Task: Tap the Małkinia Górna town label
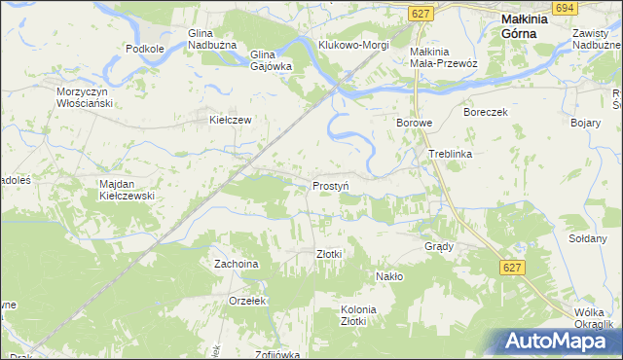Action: [x=529, y=25]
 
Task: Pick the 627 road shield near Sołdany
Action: [x=514, y=266]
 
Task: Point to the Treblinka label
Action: [x=450, y=155]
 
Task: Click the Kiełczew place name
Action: [x=232, y=121]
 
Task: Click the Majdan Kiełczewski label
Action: [x=128, y=189]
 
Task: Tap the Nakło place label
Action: [x=389, y=276]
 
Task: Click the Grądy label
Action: [x=439, y=246]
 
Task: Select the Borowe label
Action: [x=414, y=124]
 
